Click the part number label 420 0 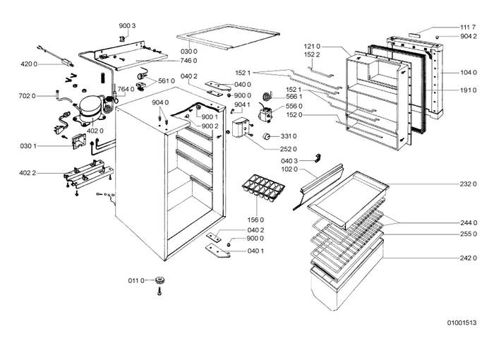point(29,64)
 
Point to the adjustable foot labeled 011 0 point(160,280)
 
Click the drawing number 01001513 point(462,323)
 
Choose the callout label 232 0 point(468,184)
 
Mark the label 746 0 point(188,61)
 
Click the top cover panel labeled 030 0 point(229,37)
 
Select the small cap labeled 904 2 point(438,37)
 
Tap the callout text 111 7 point(468,28)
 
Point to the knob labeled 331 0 point(267,136)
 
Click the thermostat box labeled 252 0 point(241,128)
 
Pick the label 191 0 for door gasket point(468,90)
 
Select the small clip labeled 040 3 point(318,158)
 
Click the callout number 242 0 point(468,258)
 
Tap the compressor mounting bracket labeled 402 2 point(88,174)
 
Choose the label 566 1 point(294,97)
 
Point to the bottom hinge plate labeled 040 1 point(217,251)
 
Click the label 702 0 point(27,96)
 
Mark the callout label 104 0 point(468,73)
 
